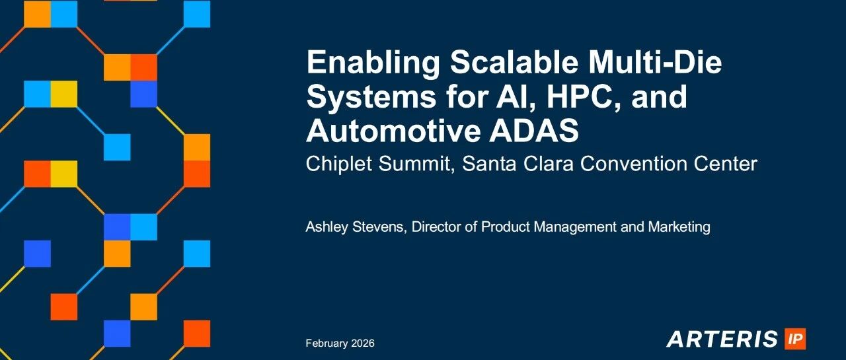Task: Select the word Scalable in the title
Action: [x=514, y=61]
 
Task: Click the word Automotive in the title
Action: [x=393, y=131]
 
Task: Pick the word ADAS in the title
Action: [x=533, y=131]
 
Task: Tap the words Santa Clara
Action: [x=518, y=164]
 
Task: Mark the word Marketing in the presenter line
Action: [x=679, y=227]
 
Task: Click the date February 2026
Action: [x=340, y=343]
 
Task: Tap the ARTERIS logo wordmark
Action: [x=722, y=339]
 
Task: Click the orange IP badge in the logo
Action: [x=795, y=339]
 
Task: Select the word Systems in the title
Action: [x=371, y=97]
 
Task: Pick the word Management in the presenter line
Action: [x=575, y=227]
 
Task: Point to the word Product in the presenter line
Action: [x=506, y=227]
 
